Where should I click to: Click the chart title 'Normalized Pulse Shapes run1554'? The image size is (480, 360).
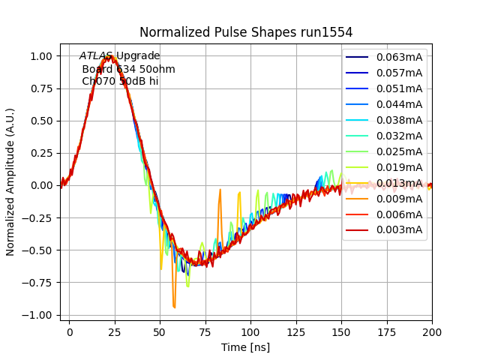pyautogui.click(x=246, y=32)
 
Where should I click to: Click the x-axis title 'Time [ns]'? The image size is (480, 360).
pyautogui.click(x=245, y=347)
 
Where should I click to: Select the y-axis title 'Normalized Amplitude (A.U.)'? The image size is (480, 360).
pyautogui.click(x=10, y=182)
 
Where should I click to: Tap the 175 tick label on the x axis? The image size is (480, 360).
pyautogui.click(x=387, y=331)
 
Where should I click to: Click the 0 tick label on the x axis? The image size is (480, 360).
pyautogui.click(x=70, y=331)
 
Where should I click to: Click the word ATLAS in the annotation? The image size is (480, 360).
pyautogui.click(x=96, y=56)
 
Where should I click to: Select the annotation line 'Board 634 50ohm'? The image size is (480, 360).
pyautogui.click(x=128, y=69)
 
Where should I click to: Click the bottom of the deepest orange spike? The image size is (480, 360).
pyautogui.click(x=174, y=307)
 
